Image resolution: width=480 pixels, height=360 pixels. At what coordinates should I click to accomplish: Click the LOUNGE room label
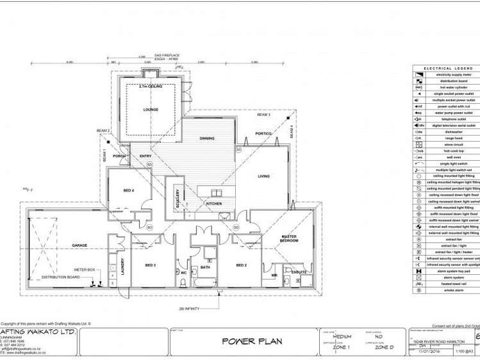tap(151, 110)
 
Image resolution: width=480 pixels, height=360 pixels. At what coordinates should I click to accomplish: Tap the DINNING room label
tap(206, 138)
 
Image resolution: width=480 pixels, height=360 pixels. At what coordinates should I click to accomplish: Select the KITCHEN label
tap(213, 203)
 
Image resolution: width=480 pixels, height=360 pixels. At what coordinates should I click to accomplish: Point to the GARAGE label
tap(79, 245)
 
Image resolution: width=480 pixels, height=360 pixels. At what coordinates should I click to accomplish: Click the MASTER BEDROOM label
tap(289, 240)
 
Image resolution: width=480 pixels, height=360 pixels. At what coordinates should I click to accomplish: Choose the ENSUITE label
tap(299, 272)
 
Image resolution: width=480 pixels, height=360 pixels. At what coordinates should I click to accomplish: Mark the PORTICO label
tap(263, 133)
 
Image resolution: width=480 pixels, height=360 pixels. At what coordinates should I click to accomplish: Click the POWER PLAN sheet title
tap(252, 341)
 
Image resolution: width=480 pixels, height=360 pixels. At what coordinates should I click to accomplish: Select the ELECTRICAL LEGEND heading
tap(447, 68)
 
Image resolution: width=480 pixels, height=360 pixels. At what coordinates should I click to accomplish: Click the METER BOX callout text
tap(85, 270)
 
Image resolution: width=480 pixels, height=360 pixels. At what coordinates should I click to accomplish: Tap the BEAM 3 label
tap(263, 115)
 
